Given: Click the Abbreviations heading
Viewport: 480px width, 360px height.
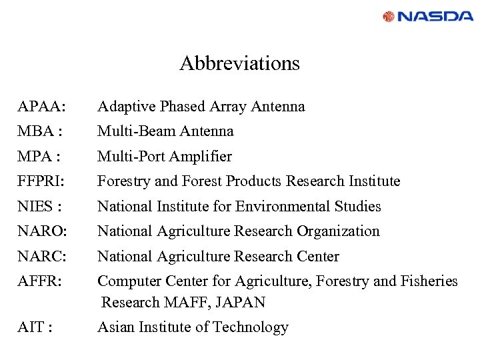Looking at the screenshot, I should tap(239, 64).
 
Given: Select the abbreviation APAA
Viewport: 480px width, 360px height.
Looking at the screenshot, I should tap(41, 107).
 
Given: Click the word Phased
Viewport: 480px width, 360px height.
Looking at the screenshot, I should tap(177, 107).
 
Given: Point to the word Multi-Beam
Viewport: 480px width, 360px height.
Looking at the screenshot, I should tap(133, 131).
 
